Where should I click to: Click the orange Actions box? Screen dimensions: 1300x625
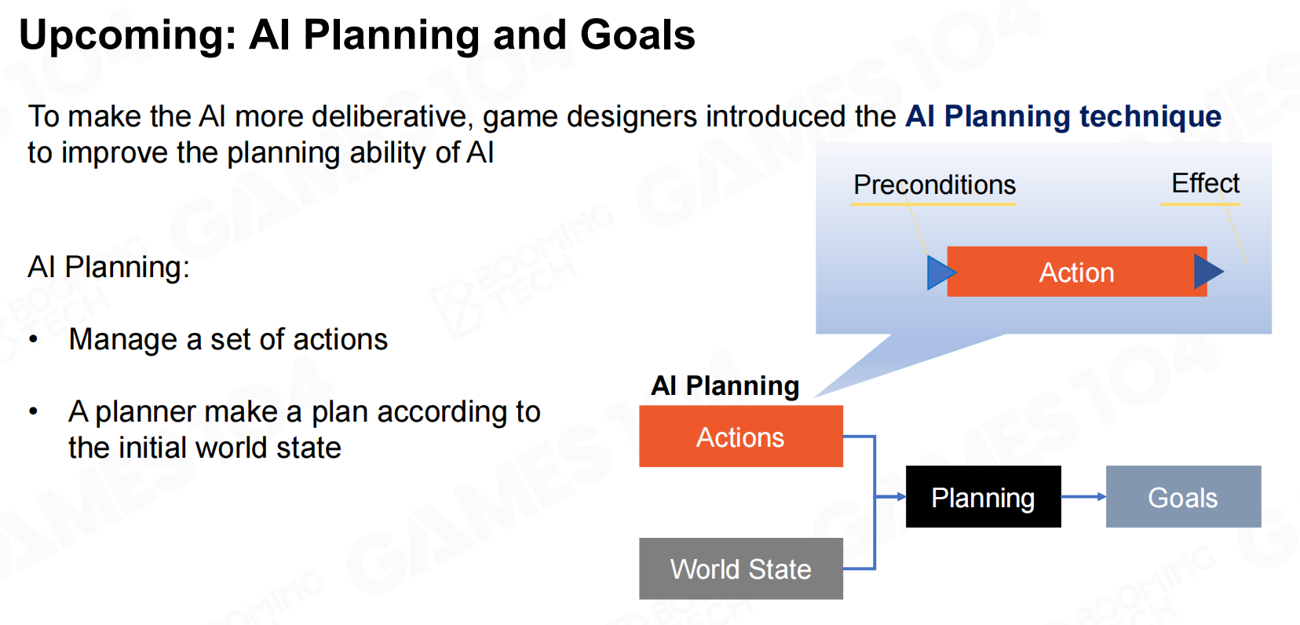(x=740, y=437)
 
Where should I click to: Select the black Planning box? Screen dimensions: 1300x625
(x=983, y=497)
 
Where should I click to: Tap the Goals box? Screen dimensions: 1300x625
(x=1183, y=497)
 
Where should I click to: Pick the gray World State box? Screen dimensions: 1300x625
(x=740, y=568)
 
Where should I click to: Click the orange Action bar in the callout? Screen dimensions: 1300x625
(x=1076, y=272)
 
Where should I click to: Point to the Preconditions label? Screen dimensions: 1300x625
(x=934, y=185)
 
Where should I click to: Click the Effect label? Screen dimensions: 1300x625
(x=1205, y=184)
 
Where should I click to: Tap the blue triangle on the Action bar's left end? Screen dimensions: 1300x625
(x=940, y=272)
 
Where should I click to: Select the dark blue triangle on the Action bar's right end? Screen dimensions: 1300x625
(x=1209, y=271)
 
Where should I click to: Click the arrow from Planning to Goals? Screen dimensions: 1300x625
(x=1083, y=497)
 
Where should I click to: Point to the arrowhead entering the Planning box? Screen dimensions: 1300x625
(x=900, y=497)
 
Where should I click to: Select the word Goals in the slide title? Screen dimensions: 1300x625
(x=637, y=35)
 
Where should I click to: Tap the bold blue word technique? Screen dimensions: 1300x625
(x=1150, y=116)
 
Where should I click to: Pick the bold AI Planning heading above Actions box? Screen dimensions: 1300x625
(x=725, y=386)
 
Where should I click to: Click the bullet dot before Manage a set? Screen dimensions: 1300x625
(x=34, y=339)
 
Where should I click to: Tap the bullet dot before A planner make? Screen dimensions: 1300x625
(x=34, y=411)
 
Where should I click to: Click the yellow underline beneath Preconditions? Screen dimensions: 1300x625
(x=934, y=204)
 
